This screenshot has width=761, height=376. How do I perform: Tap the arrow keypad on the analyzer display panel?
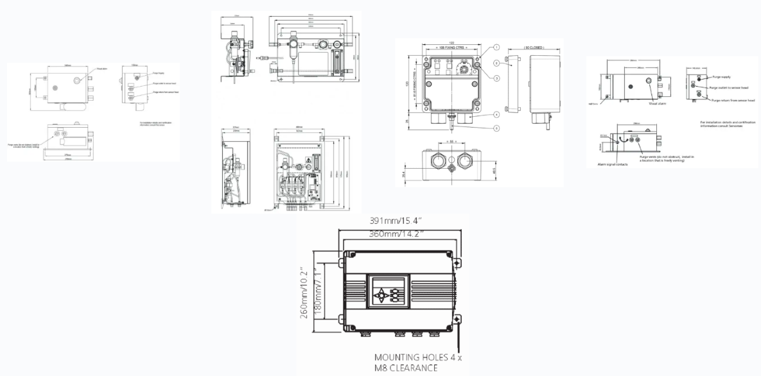[382, 295]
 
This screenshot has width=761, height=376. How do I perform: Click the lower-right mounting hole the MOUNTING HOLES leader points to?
[457, 318]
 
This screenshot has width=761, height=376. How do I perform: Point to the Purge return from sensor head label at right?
[732, 100]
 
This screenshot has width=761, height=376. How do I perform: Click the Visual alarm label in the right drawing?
[658, 103]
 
